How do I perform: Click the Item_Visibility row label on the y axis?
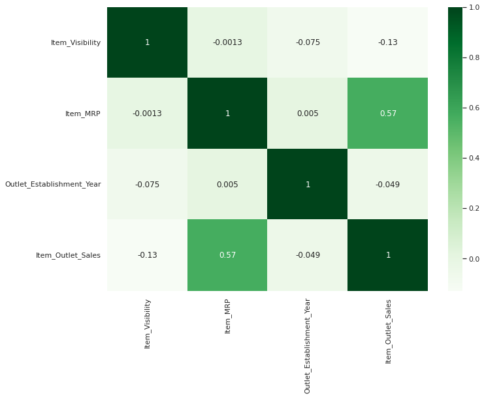(76, 42)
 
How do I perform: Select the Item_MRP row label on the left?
(83, 114)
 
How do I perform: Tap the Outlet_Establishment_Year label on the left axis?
(53, 185)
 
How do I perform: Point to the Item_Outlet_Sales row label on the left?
(68, 255)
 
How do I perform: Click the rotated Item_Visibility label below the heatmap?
(148, 324)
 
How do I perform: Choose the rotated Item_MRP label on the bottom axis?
(227, 316)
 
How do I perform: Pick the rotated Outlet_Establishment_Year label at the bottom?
(308, 345)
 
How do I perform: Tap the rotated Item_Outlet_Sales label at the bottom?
(388, 331)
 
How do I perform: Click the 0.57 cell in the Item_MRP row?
(388, 114)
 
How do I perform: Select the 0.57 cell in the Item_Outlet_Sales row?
(227, 255)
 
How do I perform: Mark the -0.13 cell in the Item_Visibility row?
(388, 42)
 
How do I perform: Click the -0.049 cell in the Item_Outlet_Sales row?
(308, 255)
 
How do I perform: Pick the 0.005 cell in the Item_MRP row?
(308, 114)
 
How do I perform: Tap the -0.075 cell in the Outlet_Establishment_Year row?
(148, 185)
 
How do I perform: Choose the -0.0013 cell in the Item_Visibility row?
(227, 42)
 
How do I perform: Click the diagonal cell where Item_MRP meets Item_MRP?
(227, 114)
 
